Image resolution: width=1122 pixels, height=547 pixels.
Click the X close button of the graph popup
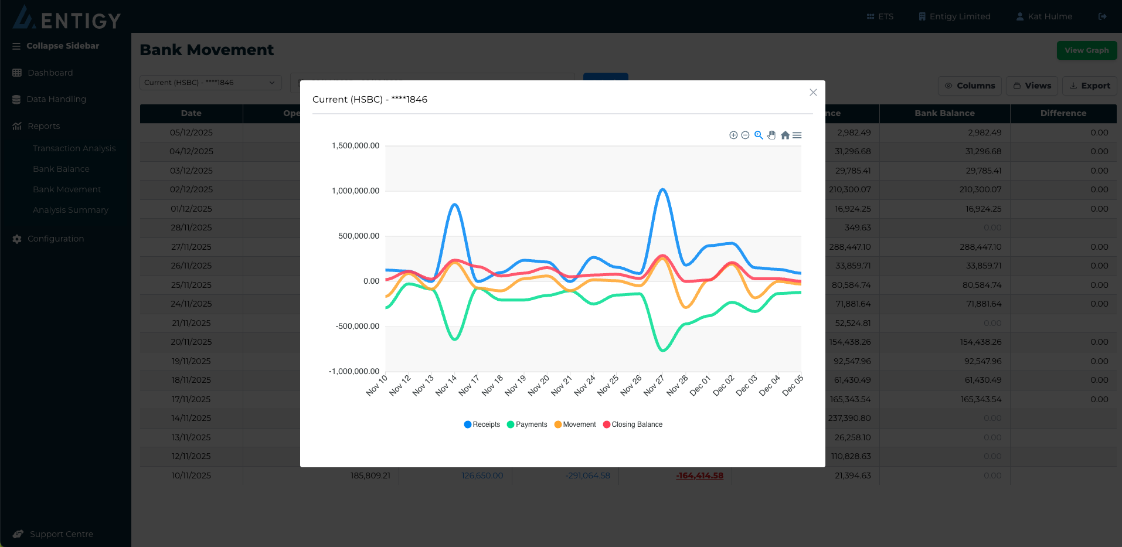click(x=813, y=93)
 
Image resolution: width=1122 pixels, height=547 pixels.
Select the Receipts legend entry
click(x=482, y=424)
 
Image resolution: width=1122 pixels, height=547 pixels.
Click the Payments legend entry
click(x=527, y=424)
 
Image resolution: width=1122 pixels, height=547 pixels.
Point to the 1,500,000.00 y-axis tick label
click(x=356, y=145)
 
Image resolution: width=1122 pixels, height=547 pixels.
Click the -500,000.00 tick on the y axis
click(x=358, y=326)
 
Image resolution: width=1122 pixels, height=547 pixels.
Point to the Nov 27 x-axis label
click(x=654, y=385)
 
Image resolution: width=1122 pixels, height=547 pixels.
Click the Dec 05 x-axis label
click(x=793, y=385)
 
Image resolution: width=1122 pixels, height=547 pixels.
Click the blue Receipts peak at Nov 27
click(x=663, y=189)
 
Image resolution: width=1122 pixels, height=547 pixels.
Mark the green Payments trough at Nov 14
click(x=455, y=339)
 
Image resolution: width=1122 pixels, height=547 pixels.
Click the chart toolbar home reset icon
click(x=785, y=135)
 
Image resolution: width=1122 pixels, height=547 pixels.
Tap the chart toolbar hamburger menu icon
click(x=797, y=135)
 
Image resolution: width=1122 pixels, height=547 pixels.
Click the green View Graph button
click(x=1086, y=50)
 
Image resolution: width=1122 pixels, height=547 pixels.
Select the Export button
click(x=1089, y=86)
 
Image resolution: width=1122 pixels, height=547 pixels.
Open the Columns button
click(x=970, y=86)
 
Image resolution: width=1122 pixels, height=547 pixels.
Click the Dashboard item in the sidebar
click(x=50, y=73)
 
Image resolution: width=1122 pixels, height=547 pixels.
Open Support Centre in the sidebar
click(x=61, y=534)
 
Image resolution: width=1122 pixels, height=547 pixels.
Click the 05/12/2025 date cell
click(x=191, y=132)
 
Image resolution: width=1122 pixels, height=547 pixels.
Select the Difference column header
click(x=1063, y=113)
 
